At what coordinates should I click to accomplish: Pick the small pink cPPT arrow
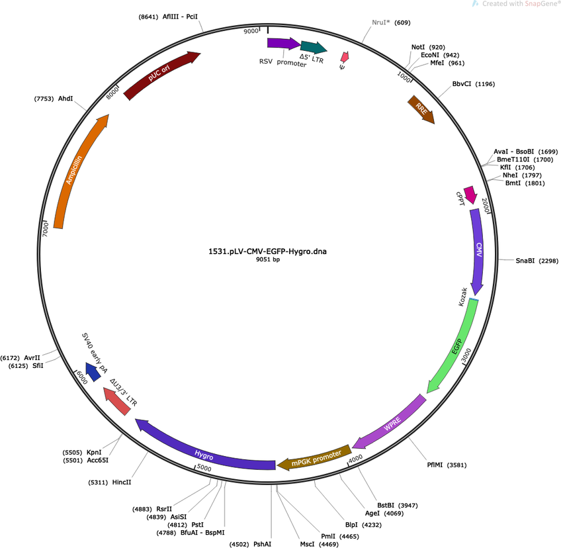tap(470, 195)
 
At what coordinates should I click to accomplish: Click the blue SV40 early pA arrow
tap(93, 371)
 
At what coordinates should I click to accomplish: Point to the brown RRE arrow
tap(421, 109)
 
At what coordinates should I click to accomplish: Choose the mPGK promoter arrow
tap(314, 458)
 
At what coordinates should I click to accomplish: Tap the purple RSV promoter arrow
tap(283, 43)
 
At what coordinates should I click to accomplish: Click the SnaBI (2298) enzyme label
tap(537, 261)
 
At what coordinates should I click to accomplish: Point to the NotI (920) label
tap(428, 47)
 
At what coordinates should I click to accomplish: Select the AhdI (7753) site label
tap(54, 99)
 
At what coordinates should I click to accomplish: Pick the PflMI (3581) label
tap(447, 465)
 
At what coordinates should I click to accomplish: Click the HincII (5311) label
tap(109, 482)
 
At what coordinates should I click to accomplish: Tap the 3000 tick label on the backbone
tap(466, 355)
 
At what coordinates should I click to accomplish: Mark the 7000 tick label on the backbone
tap(46, 229)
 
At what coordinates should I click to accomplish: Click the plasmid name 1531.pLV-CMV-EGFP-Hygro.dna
tap(268, 251)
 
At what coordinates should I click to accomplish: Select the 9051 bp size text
tap(268, 259)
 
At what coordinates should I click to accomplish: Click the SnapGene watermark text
tap(519, 3)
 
